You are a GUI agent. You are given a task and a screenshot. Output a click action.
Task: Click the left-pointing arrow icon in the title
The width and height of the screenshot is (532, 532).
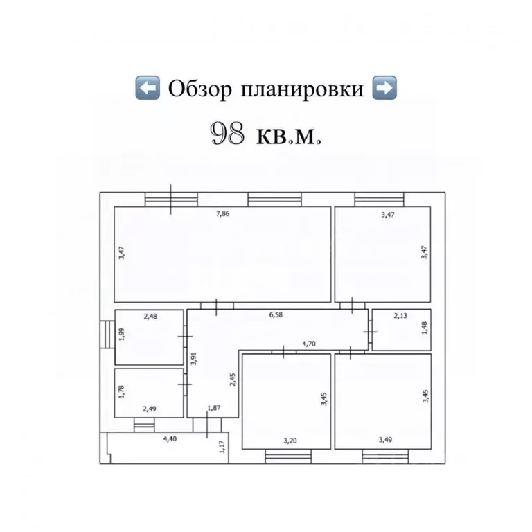[x=147, y=88]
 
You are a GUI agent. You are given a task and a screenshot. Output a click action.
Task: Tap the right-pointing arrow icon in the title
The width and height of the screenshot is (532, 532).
[x=384, y=88]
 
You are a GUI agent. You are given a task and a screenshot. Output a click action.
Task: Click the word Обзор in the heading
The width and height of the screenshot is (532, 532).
[x=199, y=89]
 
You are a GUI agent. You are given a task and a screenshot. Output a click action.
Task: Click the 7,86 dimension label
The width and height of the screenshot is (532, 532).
[x=223, y=214]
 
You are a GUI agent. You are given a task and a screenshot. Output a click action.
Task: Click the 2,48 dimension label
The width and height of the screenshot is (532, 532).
[x=150, y=317]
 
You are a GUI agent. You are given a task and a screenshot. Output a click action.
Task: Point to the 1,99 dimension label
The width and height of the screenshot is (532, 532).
[x=122, y=334]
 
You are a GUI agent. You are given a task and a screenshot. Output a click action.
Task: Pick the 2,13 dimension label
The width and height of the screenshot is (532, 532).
[x=400, y=317]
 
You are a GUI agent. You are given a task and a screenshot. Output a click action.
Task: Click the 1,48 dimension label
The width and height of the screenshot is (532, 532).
[x=425, y=327]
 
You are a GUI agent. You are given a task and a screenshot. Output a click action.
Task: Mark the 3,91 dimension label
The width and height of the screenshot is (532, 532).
[x=194, y=359]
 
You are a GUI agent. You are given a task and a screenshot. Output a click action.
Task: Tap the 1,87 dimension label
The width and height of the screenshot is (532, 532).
[x=215, y=409]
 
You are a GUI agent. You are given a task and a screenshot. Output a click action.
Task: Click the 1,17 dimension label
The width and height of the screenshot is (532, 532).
[x=222, y=447]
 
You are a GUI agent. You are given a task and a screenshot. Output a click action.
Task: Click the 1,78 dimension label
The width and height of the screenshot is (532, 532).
[x=122, y=392]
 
